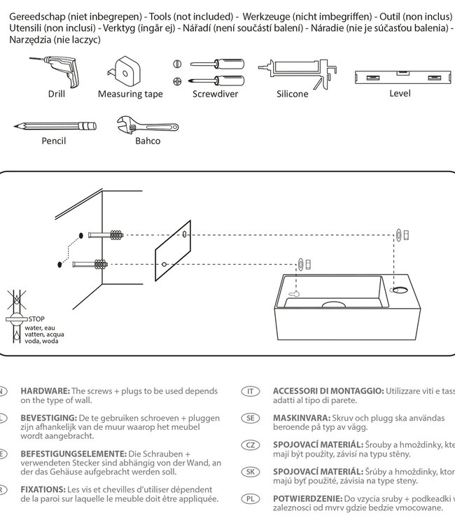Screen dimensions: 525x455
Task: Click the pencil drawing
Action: click(54, 126)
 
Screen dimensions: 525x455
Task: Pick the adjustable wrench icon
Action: click(147, 125)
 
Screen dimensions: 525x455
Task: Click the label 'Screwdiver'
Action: click(215, 94)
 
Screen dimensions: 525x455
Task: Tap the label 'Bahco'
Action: click(148, 141)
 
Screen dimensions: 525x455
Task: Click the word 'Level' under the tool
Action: click(400, 93)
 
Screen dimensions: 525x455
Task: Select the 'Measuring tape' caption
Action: click(130, 94)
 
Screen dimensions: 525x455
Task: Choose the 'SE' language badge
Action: click(250, 418)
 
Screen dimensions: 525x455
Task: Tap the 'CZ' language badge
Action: click(250, 445)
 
